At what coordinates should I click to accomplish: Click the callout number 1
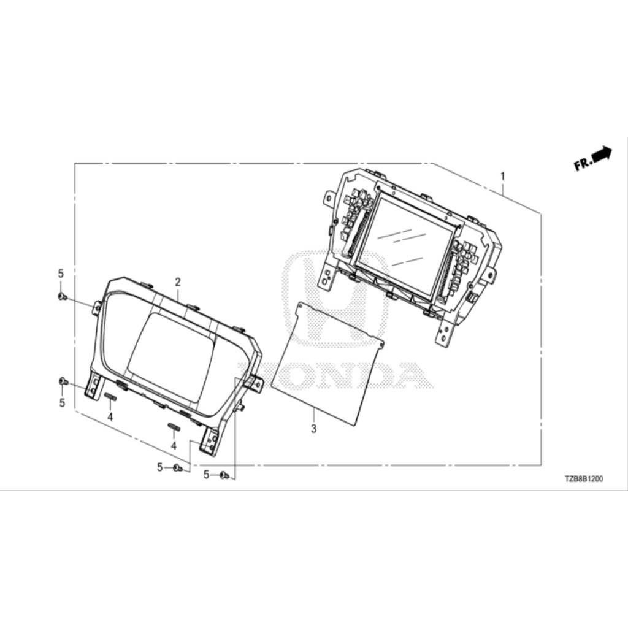coord(502,176)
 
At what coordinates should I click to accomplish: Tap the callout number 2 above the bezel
coord(178,282)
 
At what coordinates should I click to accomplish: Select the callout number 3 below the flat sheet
coord(313,429)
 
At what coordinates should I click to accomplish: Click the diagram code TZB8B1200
coord(584,478)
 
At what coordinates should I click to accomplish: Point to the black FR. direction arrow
coord(602,153)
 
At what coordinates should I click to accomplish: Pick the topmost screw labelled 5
coord(62,296)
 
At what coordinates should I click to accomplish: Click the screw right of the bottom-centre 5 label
coord(178,467)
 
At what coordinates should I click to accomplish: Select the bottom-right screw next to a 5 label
coord(224,475)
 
